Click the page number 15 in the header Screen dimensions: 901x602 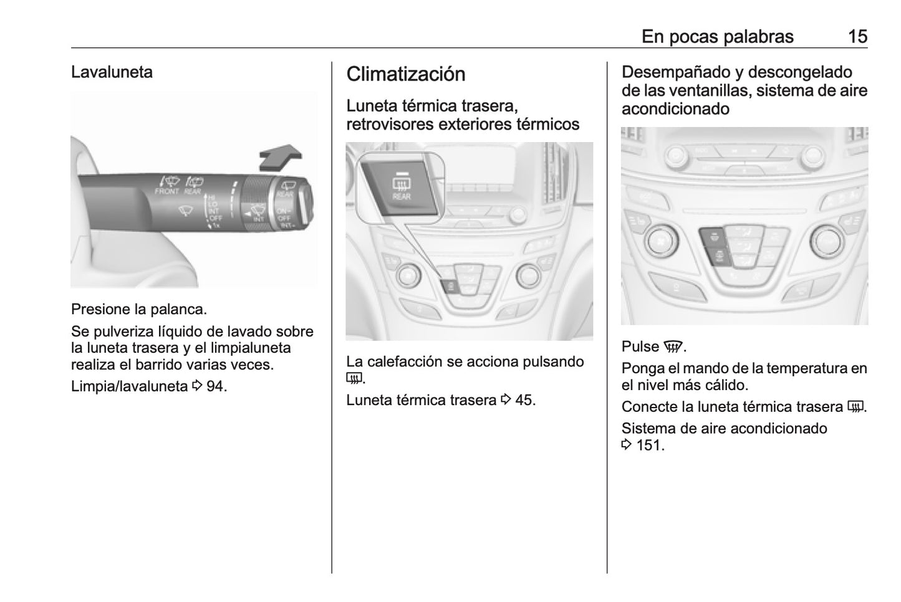(x=857, y=37)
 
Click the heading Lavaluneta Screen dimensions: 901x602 (x=112, y=72)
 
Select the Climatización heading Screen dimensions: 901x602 (x=406, y=74)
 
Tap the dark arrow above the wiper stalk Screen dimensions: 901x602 (x=281, y=157)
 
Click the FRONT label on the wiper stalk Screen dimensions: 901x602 (x=166, y=191)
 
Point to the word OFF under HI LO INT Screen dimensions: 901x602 (x=216, y=218)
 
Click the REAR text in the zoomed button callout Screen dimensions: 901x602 (x=402, y=197)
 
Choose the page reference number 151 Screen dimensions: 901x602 (x=649, y=446)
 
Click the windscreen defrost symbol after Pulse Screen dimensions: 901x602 (x=673, y=346)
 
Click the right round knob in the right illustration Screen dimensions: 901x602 (x=826, y=242)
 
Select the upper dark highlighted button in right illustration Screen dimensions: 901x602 (x=712, y=237)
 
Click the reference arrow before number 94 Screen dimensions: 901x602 (x=197, y=386)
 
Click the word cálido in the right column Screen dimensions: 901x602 (x=725, y=385)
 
